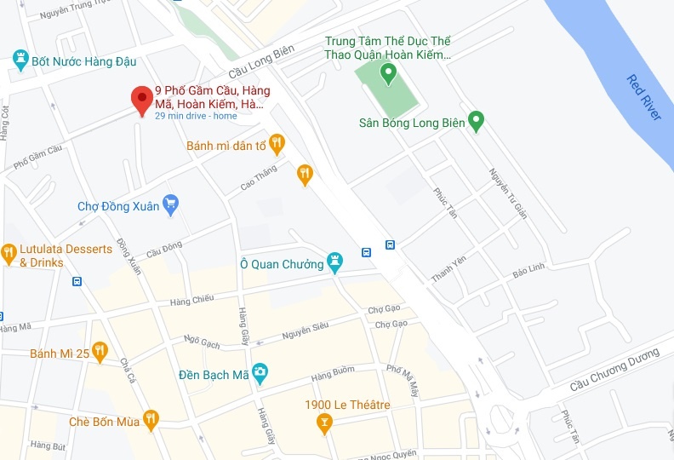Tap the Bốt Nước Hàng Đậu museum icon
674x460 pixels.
20,60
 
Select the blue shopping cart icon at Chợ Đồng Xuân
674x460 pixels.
171,203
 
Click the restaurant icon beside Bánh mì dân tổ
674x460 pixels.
276,144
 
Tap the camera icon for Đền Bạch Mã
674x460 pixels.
259,372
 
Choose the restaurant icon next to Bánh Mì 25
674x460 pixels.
100,350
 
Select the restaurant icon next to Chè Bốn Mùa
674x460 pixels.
151,417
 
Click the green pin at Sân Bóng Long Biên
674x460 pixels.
477,121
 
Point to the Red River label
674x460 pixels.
643,97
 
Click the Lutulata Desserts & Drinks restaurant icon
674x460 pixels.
9,253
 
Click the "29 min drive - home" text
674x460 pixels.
196,117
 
